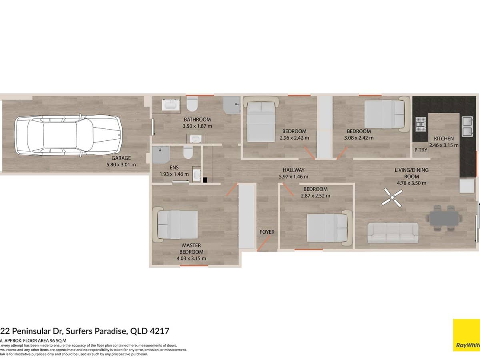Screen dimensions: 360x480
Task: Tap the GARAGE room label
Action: [121, 158]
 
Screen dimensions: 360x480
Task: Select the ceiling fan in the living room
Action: [392, 198]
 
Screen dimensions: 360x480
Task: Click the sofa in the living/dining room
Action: [392, 232]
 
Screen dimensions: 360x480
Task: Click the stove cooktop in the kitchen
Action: [421, 124]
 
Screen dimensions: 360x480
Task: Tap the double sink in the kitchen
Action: [468, 126]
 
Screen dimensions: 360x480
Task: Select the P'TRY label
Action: [420, 150]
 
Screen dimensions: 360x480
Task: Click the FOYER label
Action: [267, 232]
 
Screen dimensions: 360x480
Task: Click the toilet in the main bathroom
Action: [192, 105]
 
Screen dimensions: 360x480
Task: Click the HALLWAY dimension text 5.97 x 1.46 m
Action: [293, 176]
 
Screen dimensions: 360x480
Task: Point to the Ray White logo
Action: [466, 335]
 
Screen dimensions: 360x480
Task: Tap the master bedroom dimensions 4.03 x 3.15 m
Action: [191, 258]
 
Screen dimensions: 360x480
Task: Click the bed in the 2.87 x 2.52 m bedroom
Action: [328, 227]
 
